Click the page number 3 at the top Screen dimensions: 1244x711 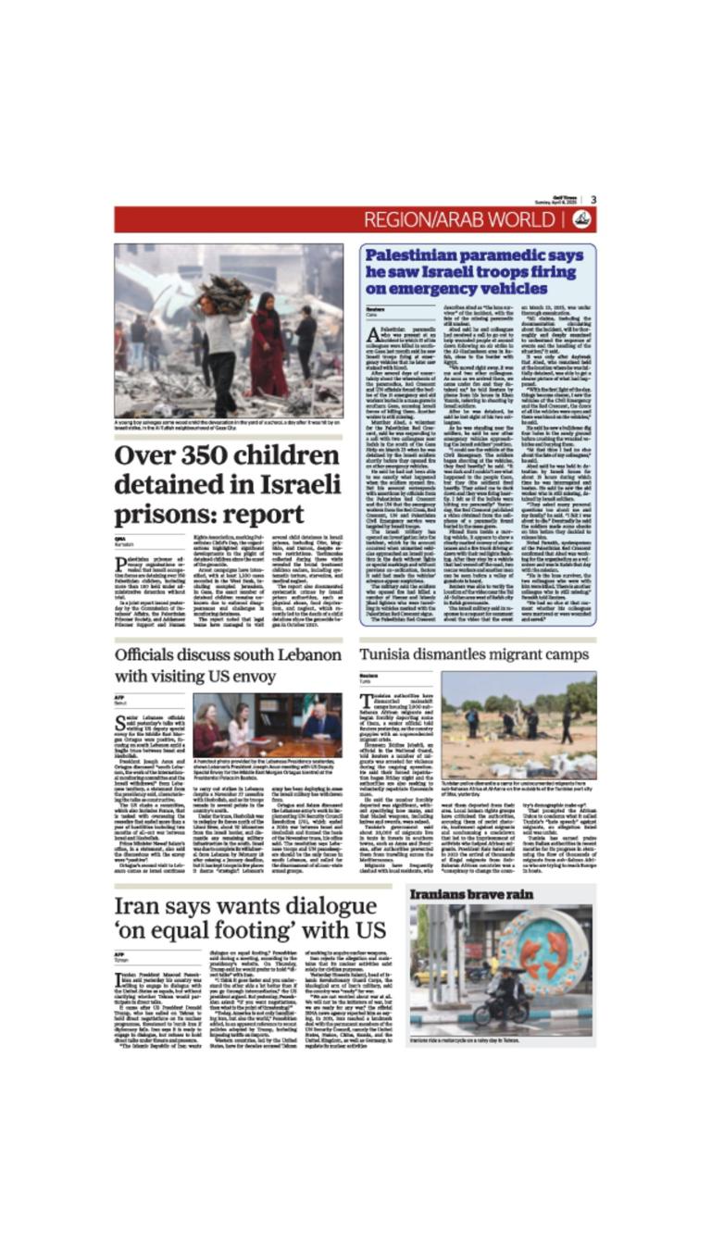click(593, 199)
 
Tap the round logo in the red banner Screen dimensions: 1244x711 click(581, 219)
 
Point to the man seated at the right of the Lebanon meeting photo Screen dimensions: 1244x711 click(321, 723)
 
